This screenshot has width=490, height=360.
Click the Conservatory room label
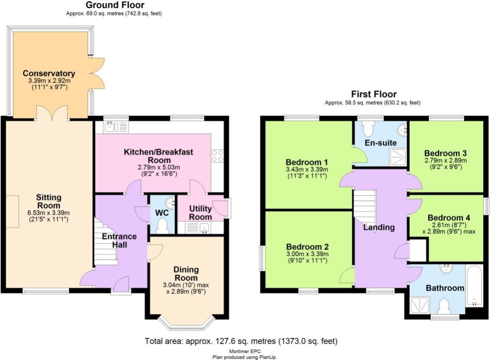[49, 73]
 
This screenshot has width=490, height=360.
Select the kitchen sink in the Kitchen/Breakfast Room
[111, 127]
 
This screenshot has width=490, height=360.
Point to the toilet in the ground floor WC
[163, 225]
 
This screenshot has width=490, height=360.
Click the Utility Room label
[200, 213]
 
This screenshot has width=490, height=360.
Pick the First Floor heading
[374, 94]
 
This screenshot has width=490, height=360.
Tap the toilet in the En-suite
[368, 128]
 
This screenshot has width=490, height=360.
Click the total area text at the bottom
[241, 341]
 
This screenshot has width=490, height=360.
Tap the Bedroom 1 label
[307, 161]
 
